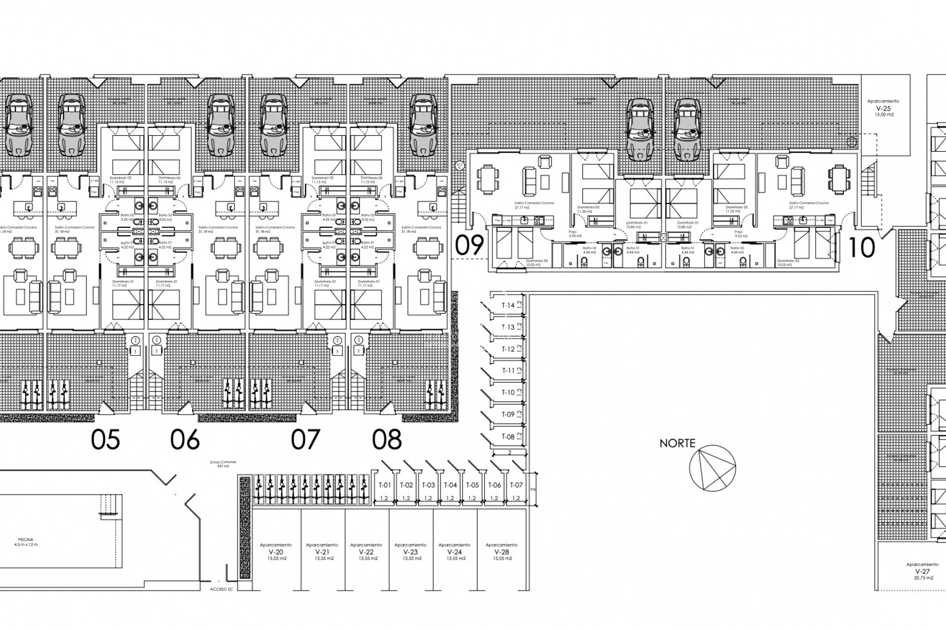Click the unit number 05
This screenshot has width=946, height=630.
tap(105, 439)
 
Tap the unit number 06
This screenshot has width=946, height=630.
tap(185, 439)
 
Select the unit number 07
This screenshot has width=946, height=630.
tap(305, 439)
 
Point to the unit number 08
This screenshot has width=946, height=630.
tap(387, 439)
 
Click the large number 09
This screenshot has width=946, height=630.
tap(469, 246)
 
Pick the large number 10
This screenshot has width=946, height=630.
tap(862, 248)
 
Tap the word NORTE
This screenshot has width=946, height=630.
tap(677, 443)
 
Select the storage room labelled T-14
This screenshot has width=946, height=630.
tap(508, 306)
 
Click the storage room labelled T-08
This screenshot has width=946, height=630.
tap(508, 437)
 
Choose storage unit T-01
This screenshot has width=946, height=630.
tap(384, 485)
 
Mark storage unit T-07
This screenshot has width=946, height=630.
tap(516, 485)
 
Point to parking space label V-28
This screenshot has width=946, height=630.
tap(502, 552)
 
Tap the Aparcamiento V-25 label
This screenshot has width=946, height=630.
tap(883, 108)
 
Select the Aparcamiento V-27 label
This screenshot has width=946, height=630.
tap(922, 571)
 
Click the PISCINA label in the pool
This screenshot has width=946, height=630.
tap(26, 540)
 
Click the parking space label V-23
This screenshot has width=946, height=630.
tap(410, 552)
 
